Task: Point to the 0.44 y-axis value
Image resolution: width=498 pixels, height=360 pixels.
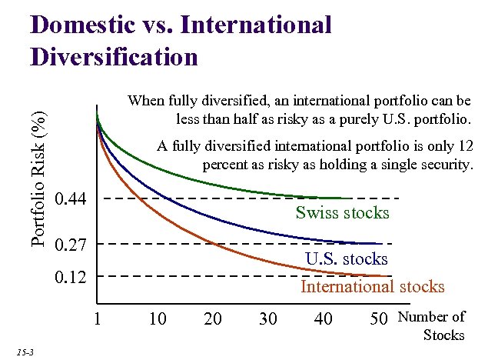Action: [x=76, y=200]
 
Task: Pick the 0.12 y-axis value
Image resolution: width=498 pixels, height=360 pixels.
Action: [x=76, y=276]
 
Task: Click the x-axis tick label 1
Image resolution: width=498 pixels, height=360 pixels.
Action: [x=97, y=318]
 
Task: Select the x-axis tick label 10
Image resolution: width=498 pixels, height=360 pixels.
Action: [x=157, y=318]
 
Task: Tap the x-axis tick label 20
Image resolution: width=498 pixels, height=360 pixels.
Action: [x=212, y=318]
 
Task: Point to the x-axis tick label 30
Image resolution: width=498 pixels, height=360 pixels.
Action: [x=267, y=318]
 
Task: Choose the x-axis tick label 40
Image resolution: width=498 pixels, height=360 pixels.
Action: [x=324, y=318]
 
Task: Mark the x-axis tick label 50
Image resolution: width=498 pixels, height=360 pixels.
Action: [x=379, y=318]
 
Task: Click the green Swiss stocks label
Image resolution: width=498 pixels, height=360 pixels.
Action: [x=342, y=213]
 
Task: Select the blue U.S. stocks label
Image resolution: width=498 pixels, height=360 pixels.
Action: [x=346, y=259]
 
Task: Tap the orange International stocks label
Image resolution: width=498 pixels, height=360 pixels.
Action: [x=372, y=287]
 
